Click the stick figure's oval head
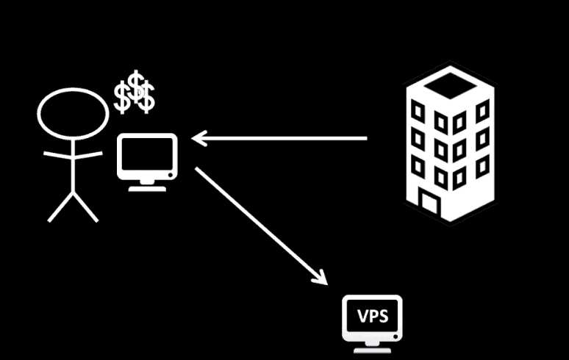(x=73, y=115)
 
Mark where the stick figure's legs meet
(x=73, y=194)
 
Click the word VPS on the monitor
(x=372, y=317)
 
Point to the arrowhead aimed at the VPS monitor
(x=320, y=277)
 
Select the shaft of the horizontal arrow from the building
(x=287, y=137)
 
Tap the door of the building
(x=429, y=200)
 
